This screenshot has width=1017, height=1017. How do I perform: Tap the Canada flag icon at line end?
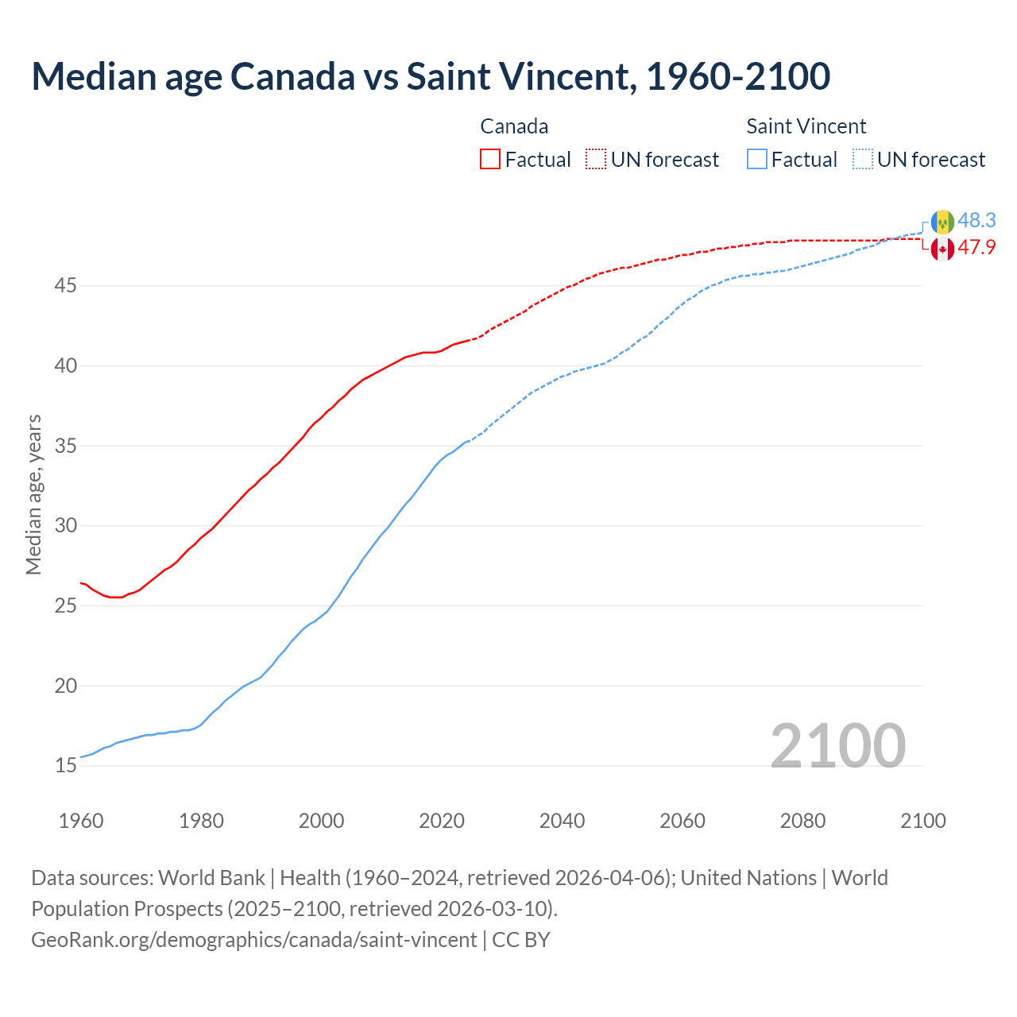click(x=942, y=249)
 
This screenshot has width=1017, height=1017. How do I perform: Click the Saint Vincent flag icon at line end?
click(x=942, y=221)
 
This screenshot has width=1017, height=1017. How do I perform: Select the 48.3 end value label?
click(x=976, y=220)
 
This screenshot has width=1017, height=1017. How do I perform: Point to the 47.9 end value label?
click(x=976, y=247)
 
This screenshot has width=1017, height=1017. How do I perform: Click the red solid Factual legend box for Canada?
click(x=490, y=160)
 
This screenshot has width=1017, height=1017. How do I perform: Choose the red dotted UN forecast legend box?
click(x=596, y=160)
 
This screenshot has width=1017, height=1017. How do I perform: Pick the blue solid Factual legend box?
click(x=757, y=160)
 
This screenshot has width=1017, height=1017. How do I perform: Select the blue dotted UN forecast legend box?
click(x=863, y=160)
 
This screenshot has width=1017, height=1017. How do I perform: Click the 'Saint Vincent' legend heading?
click(x=806, y=126)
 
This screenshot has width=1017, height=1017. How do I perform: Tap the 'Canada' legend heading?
click(x=514, y=126)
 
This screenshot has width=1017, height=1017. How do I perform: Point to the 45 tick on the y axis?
click(x=65, y=285)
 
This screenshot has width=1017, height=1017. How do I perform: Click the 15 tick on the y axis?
click(x=65, y=766)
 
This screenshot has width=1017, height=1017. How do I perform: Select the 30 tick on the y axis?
click(x=65, y=525)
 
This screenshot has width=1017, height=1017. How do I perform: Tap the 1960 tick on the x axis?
click(x=81, y=821)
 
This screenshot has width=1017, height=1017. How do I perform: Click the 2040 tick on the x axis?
click(x=562, y=821)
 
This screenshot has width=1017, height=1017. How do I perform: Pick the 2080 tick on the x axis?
click(x=802, y=821)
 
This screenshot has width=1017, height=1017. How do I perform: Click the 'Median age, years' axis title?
click(x=33, y=494)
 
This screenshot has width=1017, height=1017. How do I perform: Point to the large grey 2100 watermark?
click(x=837, y=745)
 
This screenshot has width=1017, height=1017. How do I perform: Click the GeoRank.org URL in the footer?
click(x=254, y=939)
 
